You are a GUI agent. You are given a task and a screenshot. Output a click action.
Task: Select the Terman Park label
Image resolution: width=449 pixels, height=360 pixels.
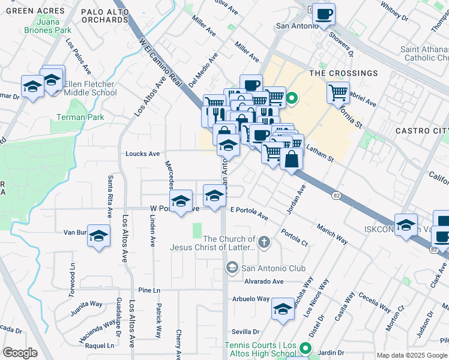80,118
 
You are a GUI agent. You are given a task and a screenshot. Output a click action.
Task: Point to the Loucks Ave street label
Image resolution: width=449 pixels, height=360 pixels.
142,154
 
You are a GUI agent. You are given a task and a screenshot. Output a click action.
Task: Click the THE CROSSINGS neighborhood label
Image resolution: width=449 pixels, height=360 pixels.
343,73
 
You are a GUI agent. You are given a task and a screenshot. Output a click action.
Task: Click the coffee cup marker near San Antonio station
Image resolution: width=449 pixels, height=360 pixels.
324,14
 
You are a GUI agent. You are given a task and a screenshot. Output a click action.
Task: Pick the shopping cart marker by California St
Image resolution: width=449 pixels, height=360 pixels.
338,92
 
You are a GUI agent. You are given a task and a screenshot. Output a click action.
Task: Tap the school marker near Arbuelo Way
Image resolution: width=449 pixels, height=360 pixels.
283,309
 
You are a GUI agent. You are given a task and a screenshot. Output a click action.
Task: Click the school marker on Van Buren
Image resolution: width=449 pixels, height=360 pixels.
100,235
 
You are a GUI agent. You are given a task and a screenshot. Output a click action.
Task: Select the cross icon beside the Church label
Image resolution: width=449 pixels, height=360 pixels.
264,243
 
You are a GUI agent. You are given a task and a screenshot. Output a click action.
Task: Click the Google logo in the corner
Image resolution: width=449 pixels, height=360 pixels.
20,353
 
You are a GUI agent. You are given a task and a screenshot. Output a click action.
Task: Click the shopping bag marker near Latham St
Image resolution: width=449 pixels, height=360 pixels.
291,159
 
